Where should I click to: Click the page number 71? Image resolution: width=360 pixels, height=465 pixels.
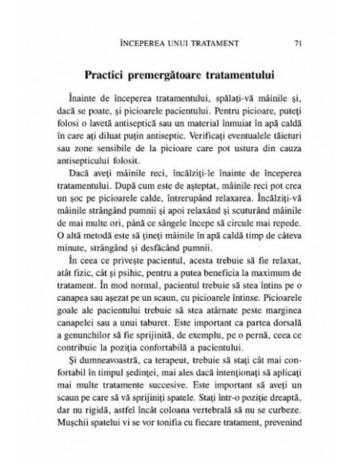click(296, 42)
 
